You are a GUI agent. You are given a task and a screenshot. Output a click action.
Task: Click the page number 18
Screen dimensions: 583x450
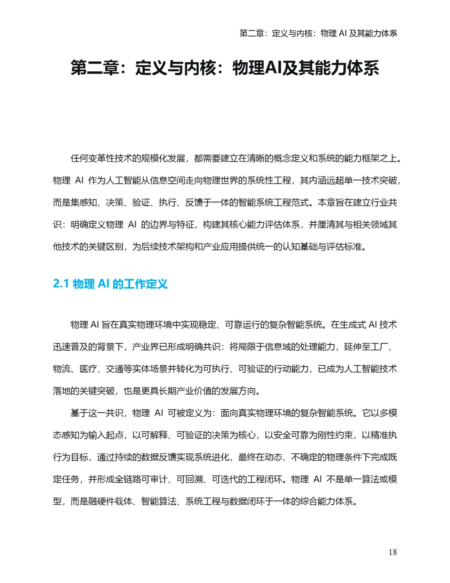tap(392, 552)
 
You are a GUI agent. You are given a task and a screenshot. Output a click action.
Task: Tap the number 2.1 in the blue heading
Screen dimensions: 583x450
tap(61, 284)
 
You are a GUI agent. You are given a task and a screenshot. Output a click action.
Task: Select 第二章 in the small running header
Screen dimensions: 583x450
tap(252, 33)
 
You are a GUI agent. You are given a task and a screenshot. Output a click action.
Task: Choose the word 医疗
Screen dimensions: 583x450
tap(88, 369)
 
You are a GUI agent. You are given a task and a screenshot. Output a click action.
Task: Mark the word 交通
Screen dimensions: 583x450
tap(115, 369)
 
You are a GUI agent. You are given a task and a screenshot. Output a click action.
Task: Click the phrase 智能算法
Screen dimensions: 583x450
tap(159, 502)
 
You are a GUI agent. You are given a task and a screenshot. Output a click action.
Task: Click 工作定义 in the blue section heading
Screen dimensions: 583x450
tap(140, 284)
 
